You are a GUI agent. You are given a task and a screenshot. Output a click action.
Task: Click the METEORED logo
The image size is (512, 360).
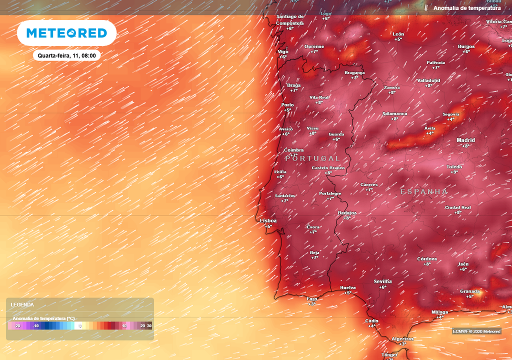[x=66, y=33]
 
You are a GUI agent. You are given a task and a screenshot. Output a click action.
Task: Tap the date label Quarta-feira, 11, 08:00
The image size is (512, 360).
[x=66, y=55]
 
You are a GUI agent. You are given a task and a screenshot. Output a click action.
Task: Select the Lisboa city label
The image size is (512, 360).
[x=268, y=220]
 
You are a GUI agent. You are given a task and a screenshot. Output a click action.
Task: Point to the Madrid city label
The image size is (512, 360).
[x=465, y=140]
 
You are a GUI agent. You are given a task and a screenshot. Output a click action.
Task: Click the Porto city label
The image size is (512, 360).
[x=287, y=105]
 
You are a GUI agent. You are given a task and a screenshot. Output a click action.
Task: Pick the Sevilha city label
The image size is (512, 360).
[x=383, y=281]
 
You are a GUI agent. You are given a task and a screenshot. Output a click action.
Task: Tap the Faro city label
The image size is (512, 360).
[x=312, y=298]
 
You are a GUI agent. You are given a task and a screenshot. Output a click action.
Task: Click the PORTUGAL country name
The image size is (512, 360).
[x=312, y=158]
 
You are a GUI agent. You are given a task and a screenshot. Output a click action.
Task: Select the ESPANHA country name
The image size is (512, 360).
[x=424, y=191]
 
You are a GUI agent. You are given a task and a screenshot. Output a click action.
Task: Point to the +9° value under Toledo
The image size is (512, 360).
[x=454, y=172]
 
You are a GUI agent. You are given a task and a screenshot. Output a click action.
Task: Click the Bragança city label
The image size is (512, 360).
[x=354, y=72]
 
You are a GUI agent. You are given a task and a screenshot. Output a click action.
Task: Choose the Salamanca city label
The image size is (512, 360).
[x=395, y=113]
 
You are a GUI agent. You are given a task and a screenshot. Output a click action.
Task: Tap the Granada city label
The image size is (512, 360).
[x=470, y=291]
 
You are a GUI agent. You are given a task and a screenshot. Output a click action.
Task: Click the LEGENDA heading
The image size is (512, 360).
[x=22, y=304]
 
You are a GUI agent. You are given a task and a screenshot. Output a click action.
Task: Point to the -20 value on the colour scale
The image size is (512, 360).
[x=17, y=326]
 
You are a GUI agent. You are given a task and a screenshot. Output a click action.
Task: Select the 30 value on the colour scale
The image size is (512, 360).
[x=149, y=326]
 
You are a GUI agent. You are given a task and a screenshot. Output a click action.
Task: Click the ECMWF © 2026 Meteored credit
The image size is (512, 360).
[x=476, y=331]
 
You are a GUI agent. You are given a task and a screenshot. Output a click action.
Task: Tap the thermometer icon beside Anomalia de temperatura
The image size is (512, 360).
[x=426, y=8]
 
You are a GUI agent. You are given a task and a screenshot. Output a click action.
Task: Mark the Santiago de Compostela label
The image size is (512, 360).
[x=290, y=19]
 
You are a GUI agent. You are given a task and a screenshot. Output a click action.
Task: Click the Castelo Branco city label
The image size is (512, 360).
[x=328, y=168]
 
